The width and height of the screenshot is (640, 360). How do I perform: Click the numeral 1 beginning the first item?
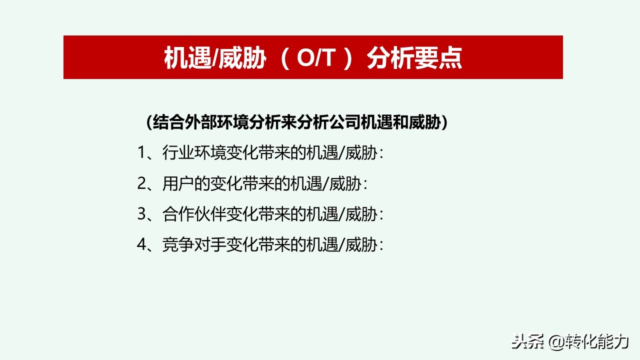tap(141, 153)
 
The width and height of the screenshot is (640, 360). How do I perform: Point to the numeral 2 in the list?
tap(141, 184)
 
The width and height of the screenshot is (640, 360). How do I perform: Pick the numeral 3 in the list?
tap(141, 214)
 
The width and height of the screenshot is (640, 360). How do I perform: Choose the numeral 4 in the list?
tap(141, 245)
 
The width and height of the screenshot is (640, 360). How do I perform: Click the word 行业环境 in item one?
tap(194, 153)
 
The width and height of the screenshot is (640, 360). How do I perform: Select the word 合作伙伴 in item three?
tap(194, 214)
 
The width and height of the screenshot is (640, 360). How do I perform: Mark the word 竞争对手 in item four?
tap(194, 245)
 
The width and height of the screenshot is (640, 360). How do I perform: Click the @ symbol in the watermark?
tap(556, 342)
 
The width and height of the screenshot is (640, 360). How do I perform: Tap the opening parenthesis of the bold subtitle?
tap(149, 122)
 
